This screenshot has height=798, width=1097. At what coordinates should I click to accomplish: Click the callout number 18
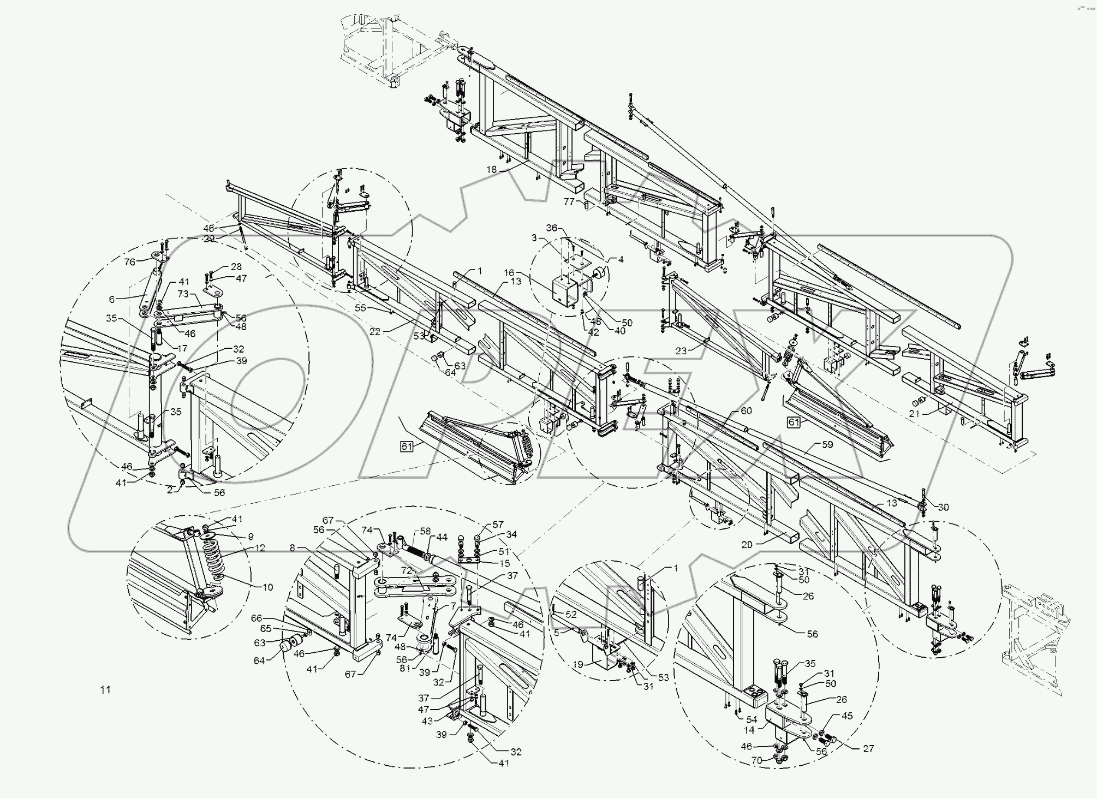click(x=491, y=170)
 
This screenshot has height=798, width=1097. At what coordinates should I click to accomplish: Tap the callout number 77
click(x=569, y=201)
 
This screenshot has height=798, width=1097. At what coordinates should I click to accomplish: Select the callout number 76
click(x=129, y=262)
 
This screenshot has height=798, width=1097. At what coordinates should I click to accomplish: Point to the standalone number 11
click(x=105, y=690)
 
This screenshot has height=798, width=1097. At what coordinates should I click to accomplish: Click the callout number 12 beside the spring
click(x=259, y=547)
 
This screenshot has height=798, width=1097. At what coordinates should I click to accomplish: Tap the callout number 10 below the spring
click(x=267, y=587)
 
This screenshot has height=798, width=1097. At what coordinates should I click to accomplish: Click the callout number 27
click(x=868, y=748)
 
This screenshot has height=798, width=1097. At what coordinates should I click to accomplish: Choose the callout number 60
click(x=746, y=410)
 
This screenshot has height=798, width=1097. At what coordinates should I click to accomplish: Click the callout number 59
click(x=827, y=444)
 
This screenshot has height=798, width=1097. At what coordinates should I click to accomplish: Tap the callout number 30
click(x=943, y=507)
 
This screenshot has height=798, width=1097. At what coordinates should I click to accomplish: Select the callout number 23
click(x=681, y=351)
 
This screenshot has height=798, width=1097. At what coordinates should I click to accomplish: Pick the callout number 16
click(x=509, y=272)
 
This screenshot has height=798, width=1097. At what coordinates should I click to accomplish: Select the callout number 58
click(x=425, y=531)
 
